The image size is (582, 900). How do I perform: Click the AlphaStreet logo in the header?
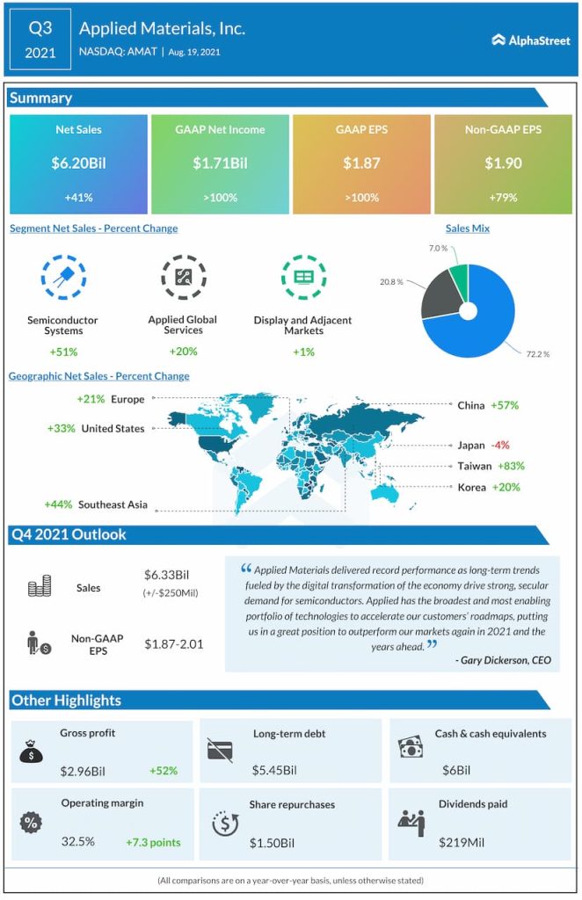coord(532,39)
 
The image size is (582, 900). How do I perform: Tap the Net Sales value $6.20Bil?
coord(77,163)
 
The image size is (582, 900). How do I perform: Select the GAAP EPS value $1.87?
coord(361,163)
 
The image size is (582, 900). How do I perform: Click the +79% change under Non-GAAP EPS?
coord(503,197)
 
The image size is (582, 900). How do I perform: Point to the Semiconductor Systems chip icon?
coord(63,277)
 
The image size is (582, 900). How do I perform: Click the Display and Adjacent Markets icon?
coord(303,277)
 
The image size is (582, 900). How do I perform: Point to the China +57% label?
coord(488,405)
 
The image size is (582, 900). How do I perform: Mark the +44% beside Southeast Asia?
coord(58,504)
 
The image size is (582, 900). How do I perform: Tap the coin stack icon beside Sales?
coord(39,588)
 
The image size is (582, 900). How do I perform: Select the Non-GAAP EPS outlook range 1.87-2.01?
coord(174,644)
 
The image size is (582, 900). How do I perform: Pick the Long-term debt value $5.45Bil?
coord(274,771)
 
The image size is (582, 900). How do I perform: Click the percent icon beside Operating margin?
coord(31,824)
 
